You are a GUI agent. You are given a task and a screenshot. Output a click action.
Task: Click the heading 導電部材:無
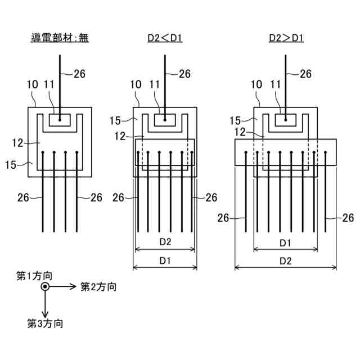[x=60, y=38]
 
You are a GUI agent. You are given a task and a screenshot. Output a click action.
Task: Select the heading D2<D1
[x=165, y=38]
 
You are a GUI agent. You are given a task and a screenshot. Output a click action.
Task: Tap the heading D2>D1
[x=285, y=38]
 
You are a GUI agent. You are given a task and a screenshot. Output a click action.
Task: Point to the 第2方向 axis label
[x=98, y=287]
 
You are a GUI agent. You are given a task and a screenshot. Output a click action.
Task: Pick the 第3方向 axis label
[x=45, y=323]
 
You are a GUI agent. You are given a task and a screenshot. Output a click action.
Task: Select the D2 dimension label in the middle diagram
[x=165, y=241]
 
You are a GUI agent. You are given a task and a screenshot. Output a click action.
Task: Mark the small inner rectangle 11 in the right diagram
[x=286, y=119]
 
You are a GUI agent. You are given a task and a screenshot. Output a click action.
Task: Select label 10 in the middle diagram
[x=135, y=84]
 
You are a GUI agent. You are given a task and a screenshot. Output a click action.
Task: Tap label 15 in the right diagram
[x=236, y=120]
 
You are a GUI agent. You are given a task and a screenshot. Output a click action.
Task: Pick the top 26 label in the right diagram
[x=305, y=73]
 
